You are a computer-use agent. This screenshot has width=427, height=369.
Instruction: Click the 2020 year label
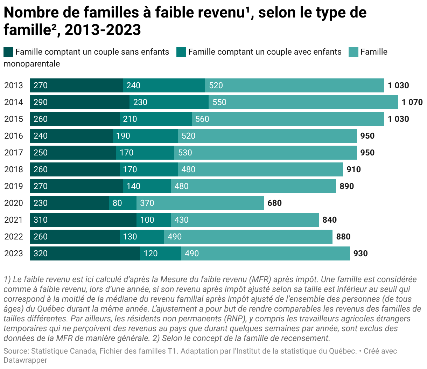click(x=14, y=203)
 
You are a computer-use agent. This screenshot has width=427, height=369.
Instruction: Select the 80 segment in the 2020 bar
click(x=123, y=203)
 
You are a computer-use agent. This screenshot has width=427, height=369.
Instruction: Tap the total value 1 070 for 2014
click(x=412, y=102)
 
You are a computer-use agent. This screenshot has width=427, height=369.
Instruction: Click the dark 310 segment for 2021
click(x=83, y=220)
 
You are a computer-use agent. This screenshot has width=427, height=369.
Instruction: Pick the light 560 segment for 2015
click(x=288, y=119)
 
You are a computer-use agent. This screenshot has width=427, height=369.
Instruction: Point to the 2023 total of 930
click(x=360, y=253)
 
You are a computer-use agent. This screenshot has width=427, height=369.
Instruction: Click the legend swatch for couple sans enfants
click(x=8, y=52)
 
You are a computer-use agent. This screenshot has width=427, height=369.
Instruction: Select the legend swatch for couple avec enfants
click(x=181, y=52)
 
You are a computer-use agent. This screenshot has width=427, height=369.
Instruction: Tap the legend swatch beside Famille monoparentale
click(x=353, y=52)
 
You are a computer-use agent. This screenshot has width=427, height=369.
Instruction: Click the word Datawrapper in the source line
click(x=26, y=360)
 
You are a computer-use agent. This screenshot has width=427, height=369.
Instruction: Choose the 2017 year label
click(x=14, y=153)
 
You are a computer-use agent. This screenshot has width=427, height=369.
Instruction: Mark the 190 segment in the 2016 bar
click(x=145, y=136)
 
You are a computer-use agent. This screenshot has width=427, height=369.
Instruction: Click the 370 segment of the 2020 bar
click(x=200, y=203)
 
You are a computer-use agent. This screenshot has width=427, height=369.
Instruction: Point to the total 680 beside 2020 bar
click(x=274, y=203)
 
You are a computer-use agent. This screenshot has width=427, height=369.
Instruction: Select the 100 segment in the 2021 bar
click(x=154, y=220)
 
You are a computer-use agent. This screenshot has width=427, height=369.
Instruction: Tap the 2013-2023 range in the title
click(x=103, y=30)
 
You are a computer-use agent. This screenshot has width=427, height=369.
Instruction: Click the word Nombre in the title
click(x=31, y=12)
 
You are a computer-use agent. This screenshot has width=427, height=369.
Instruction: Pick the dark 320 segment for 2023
click(x=85, y=253)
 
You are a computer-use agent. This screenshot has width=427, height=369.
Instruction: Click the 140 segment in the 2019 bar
click(x=147, y=186)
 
